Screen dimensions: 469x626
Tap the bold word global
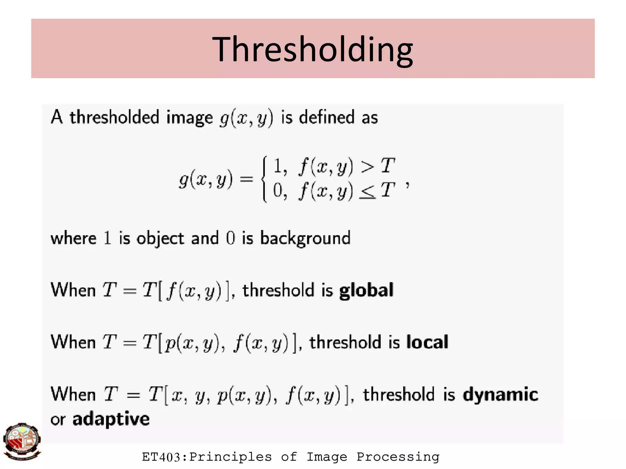366,291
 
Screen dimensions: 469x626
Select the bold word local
427,342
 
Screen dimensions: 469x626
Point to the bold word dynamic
500,394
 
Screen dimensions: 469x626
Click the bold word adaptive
111,419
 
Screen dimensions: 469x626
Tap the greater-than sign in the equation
367,167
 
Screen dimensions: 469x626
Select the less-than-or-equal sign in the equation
367,192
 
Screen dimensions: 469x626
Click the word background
305,239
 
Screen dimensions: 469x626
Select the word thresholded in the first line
114,117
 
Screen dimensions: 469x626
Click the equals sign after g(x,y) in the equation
246,179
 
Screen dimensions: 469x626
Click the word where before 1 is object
73,239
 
